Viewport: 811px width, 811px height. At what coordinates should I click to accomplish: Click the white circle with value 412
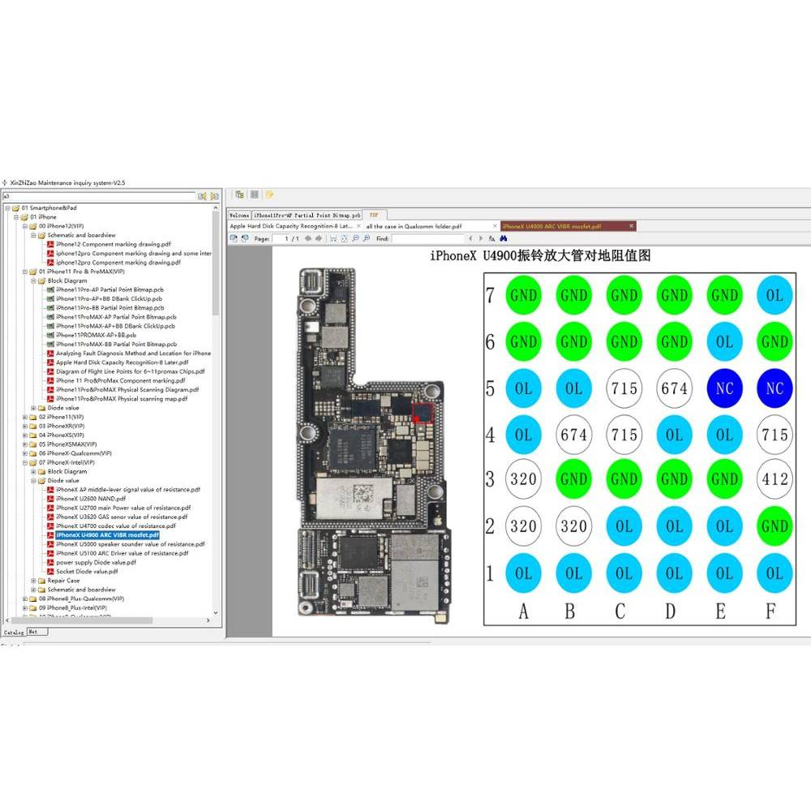pyautogui.click(x=774, y=479)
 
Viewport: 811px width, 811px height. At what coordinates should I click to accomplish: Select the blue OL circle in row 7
pyautogui.click(x=774, y=295)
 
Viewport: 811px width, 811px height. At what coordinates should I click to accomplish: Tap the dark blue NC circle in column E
pyautogui.click(x=723, y=388)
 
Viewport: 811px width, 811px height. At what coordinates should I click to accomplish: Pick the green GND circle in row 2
pyautogui.click(x=774, y=526)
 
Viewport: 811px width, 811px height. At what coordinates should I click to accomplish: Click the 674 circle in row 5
pyautogui.click(x=674, y=388)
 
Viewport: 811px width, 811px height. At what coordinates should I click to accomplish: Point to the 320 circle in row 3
pyautogui.click(x=523, y=479)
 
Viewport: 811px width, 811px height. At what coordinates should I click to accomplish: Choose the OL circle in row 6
pyautogui.click(x=723, y=341)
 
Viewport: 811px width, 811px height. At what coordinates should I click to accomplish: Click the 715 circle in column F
pyautogui.click(x=774, y=435)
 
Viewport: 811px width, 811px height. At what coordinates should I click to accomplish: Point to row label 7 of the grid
pyautogui.click(x=490, y=295)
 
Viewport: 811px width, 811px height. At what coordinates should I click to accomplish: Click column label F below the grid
pyautogui.click(x=771, y=611)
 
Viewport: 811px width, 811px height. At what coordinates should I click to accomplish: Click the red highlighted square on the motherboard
pyautogui.click(x=423, y=411)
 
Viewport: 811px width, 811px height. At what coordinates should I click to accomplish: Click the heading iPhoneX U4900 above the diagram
pyautogui.click(x=539, y=256)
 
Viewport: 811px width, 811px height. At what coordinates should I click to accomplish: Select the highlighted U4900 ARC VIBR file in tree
pyautogui.click(x=107, y=535)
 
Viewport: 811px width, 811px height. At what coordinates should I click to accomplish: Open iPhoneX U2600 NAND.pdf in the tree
pyautogui.click(x=91, y=499)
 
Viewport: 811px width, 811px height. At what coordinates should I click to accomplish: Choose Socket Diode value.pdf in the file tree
pyautogui.click(x=87, y=571)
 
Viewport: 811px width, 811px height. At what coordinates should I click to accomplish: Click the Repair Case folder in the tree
pyautogui.click(x=63, y=581)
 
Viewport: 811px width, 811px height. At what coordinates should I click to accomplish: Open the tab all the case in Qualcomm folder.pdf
pyautogui.click(x=414, y=226)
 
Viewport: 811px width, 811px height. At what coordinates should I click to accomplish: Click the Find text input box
pyautogui.click(x=428, y=238)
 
